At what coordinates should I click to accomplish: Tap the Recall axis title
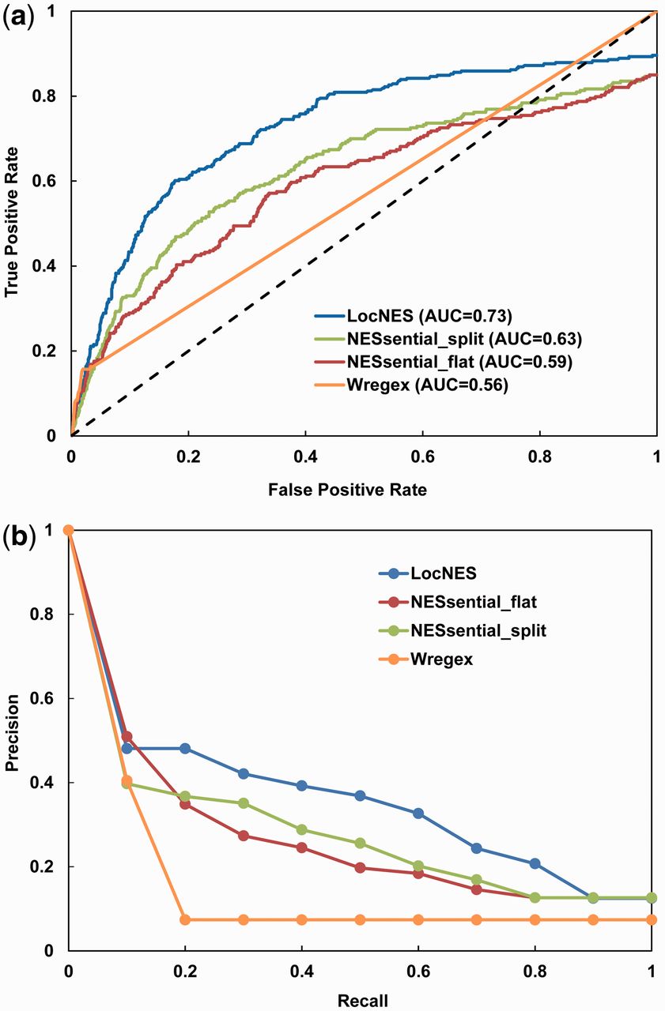point(363,1002)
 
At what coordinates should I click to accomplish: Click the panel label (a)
point(17,15)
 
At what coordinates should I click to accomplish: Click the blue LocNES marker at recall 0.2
point(185,748)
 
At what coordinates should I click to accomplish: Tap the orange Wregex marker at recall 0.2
point(185,919)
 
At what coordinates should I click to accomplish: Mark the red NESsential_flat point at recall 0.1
point(127,736)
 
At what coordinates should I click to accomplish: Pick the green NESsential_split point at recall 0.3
point(244,803)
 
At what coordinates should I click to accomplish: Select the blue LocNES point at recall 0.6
point(418,813)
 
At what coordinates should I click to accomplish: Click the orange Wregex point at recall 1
point(652,919)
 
